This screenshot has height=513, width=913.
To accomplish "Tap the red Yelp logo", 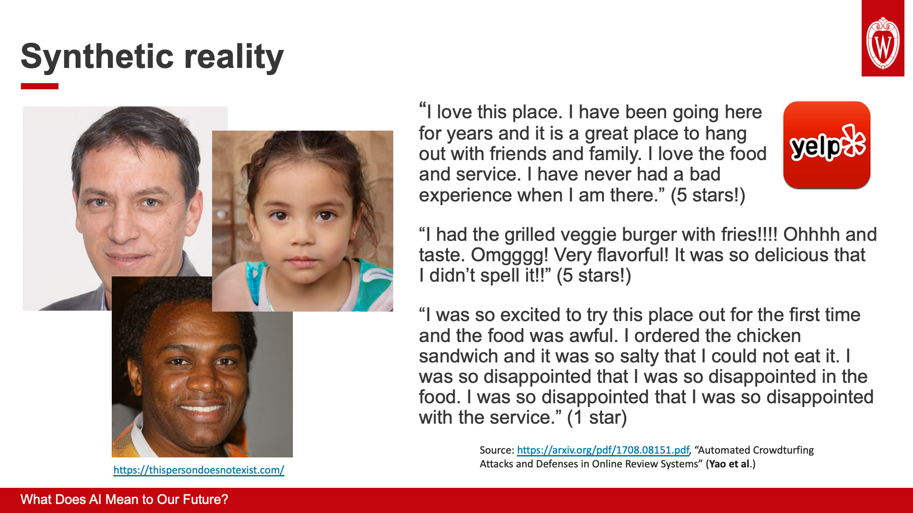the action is coord(827,145).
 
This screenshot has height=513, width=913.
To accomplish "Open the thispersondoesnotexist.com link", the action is coord(199,470).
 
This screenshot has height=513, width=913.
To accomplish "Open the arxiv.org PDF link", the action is coord(603,450).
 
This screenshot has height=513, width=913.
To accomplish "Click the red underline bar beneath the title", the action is coord(39,86).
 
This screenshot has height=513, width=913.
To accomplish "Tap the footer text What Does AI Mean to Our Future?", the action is coord(124,500).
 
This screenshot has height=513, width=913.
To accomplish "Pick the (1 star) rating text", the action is coord(597,418).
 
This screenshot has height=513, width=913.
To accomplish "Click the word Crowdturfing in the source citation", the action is coord(784,450).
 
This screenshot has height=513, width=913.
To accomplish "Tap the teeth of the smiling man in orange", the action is coord(202,408).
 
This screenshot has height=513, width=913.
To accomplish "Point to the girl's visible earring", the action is coord(352,235).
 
